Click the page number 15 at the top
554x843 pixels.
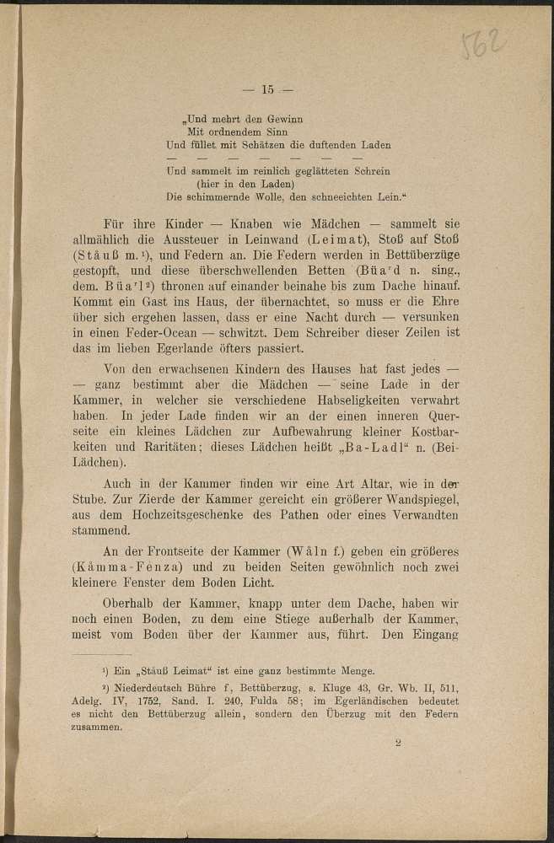tap(269, 89)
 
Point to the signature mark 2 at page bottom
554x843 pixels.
tap(398, 744)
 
